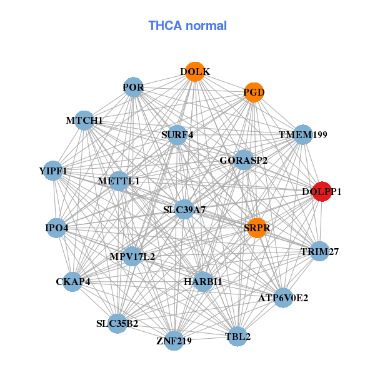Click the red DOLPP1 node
[x=321, y=192]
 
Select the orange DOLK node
[x=195, y=72]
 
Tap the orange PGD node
[x=254, y=92]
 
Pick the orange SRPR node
[x=257, y=228]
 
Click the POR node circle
[x=134, y=87]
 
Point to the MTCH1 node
[x=84, y=120]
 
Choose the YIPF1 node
[x=53, y=171]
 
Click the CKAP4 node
[x=73, y=281]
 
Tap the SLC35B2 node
[x=117, y=323]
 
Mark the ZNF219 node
[x=174, y=341]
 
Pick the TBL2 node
[x=237, y=337]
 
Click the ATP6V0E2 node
[x=283, y=298]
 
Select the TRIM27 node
[x=319, y=252]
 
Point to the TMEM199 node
[x=303, y=134]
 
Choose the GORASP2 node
[x=244, y=161]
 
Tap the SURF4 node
[x=177, y=134]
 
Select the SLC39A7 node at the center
[x=184, y=209]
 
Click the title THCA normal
[x=187, y=26]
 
